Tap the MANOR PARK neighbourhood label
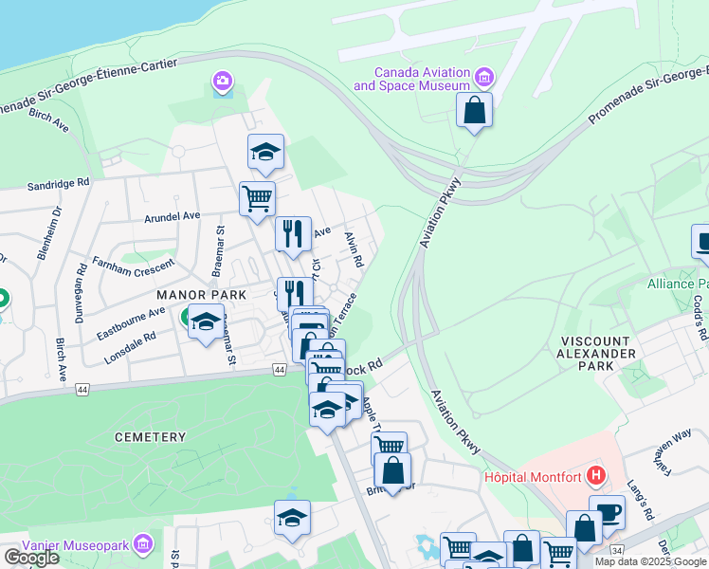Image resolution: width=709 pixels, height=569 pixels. click(x=202, y=295)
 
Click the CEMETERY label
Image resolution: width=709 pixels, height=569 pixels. click(x=150, y=437)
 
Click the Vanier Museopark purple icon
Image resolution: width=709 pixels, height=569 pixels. click(x=142, y=543)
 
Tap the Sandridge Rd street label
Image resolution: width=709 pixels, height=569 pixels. click(x=59, y=185)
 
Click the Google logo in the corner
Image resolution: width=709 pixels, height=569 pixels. click(x=31, y=558)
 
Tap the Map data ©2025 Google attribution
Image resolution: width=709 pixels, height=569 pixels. click(x=650, y=561)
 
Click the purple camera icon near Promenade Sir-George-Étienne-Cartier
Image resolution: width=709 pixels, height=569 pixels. click(x=223, y=82)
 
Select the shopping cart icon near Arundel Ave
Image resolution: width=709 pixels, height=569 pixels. click(x=257, y=199)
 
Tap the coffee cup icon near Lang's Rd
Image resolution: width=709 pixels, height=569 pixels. click(x=607, y=513)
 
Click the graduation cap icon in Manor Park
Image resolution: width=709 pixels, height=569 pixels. click(x=206, y=322)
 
